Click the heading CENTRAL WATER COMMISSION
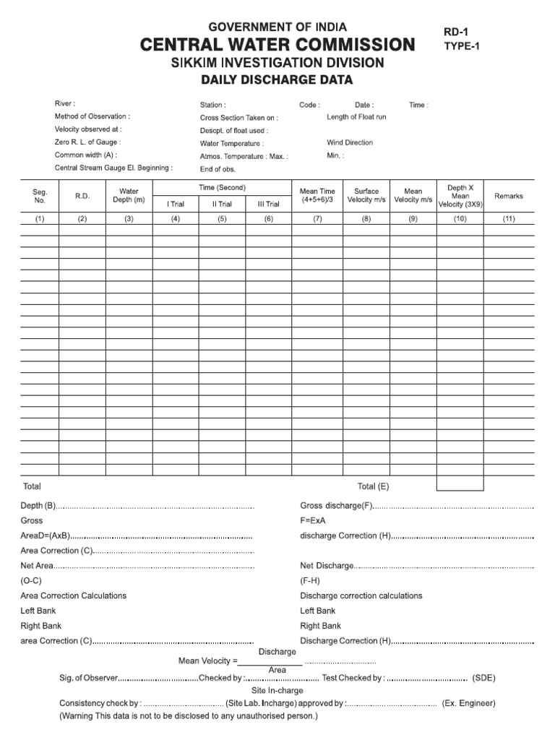click(x=277, y=45)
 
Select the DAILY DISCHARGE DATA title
click(x=277, y=80)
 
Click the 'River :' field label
click(x=64, y=104)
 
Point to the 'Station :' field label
click(x=212, y=105)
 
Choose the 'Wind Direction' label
click(x=350, y=143)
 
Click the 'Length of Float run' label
click(x=356, y=117)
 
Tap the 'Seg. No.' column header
click(x=40, y=196)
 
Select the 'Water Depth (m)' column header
click(x=129, y=196)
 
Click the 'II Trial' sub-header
click(x=222, y=205)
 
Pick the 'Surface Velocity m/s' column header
click(x=366, y=196)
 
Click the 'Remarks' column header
click(x=509, y=196)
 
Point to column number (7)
click(x=317, y=218)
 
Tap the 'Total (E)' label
click(x=373, y=486)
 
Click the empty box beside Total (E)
click(x=460, y=483)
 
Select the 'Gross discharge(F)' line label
click(x=336, y=506)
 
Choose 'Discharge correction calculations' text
click(x=361, y=596)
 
